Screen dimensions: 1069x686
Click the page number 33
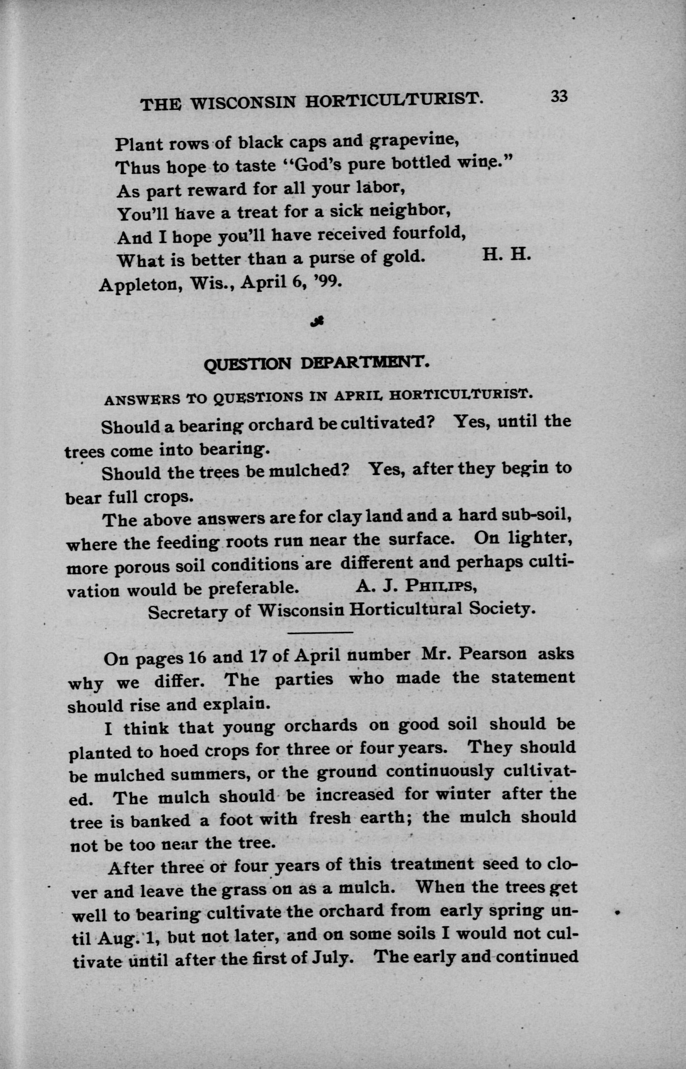[x=560, y=97]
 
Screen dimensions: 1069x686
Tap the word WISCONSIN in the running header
[x=243, y=103]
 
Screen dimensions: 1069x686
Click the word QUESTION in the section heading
[x=247, y=365]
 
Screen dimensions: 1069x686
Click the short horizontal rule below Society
[x=321, y=632]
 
